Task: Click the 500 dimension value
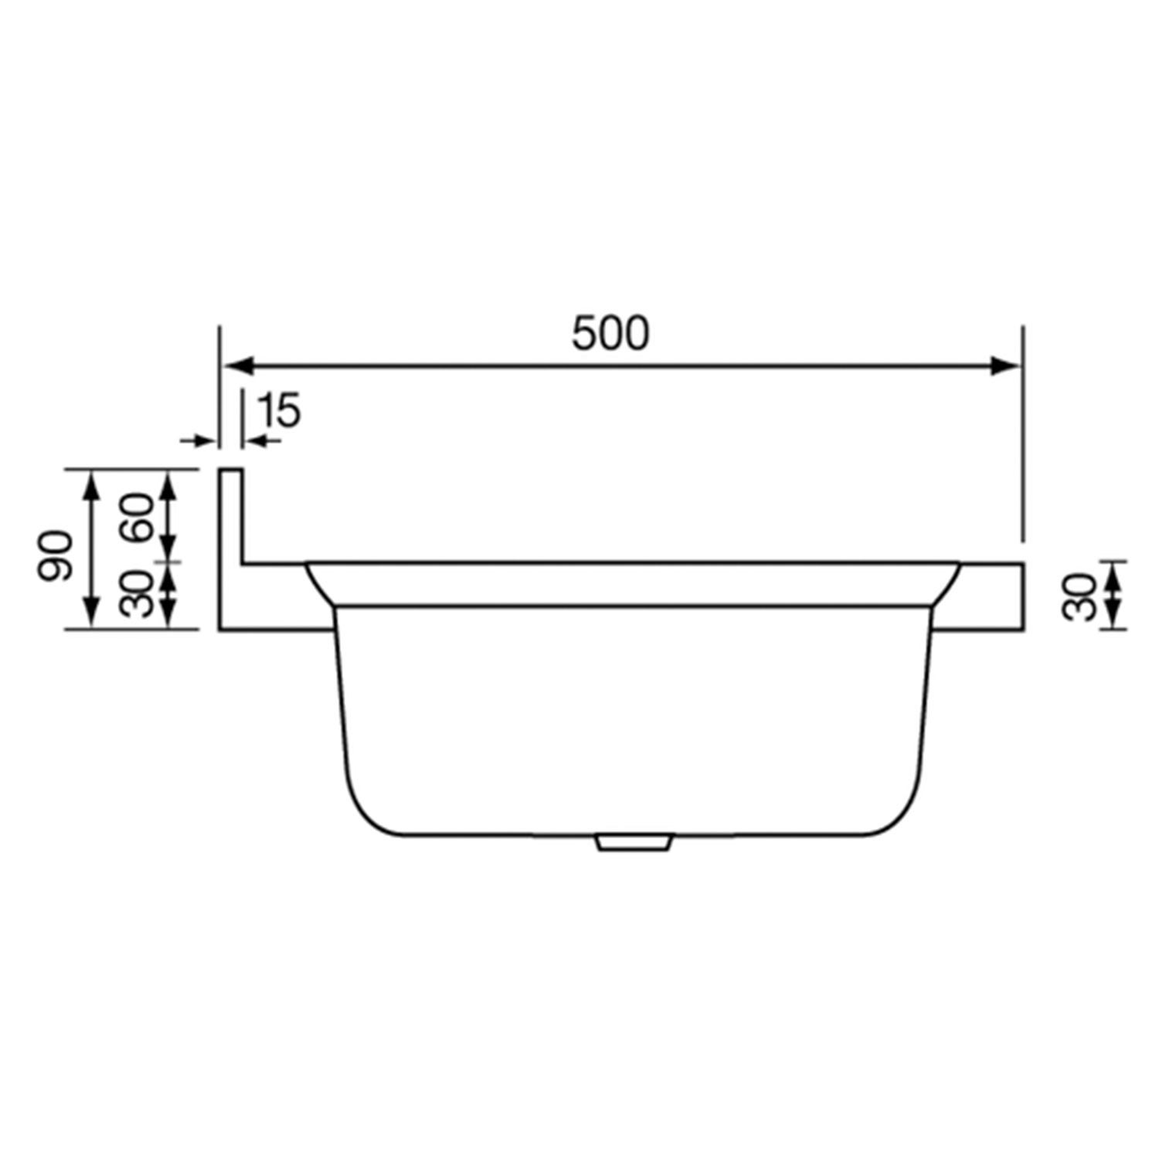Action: (610, 334)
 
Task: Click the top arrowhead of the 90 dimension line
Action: (92, 483)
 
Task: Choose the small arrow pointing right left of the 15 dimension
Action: (201, 440)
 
